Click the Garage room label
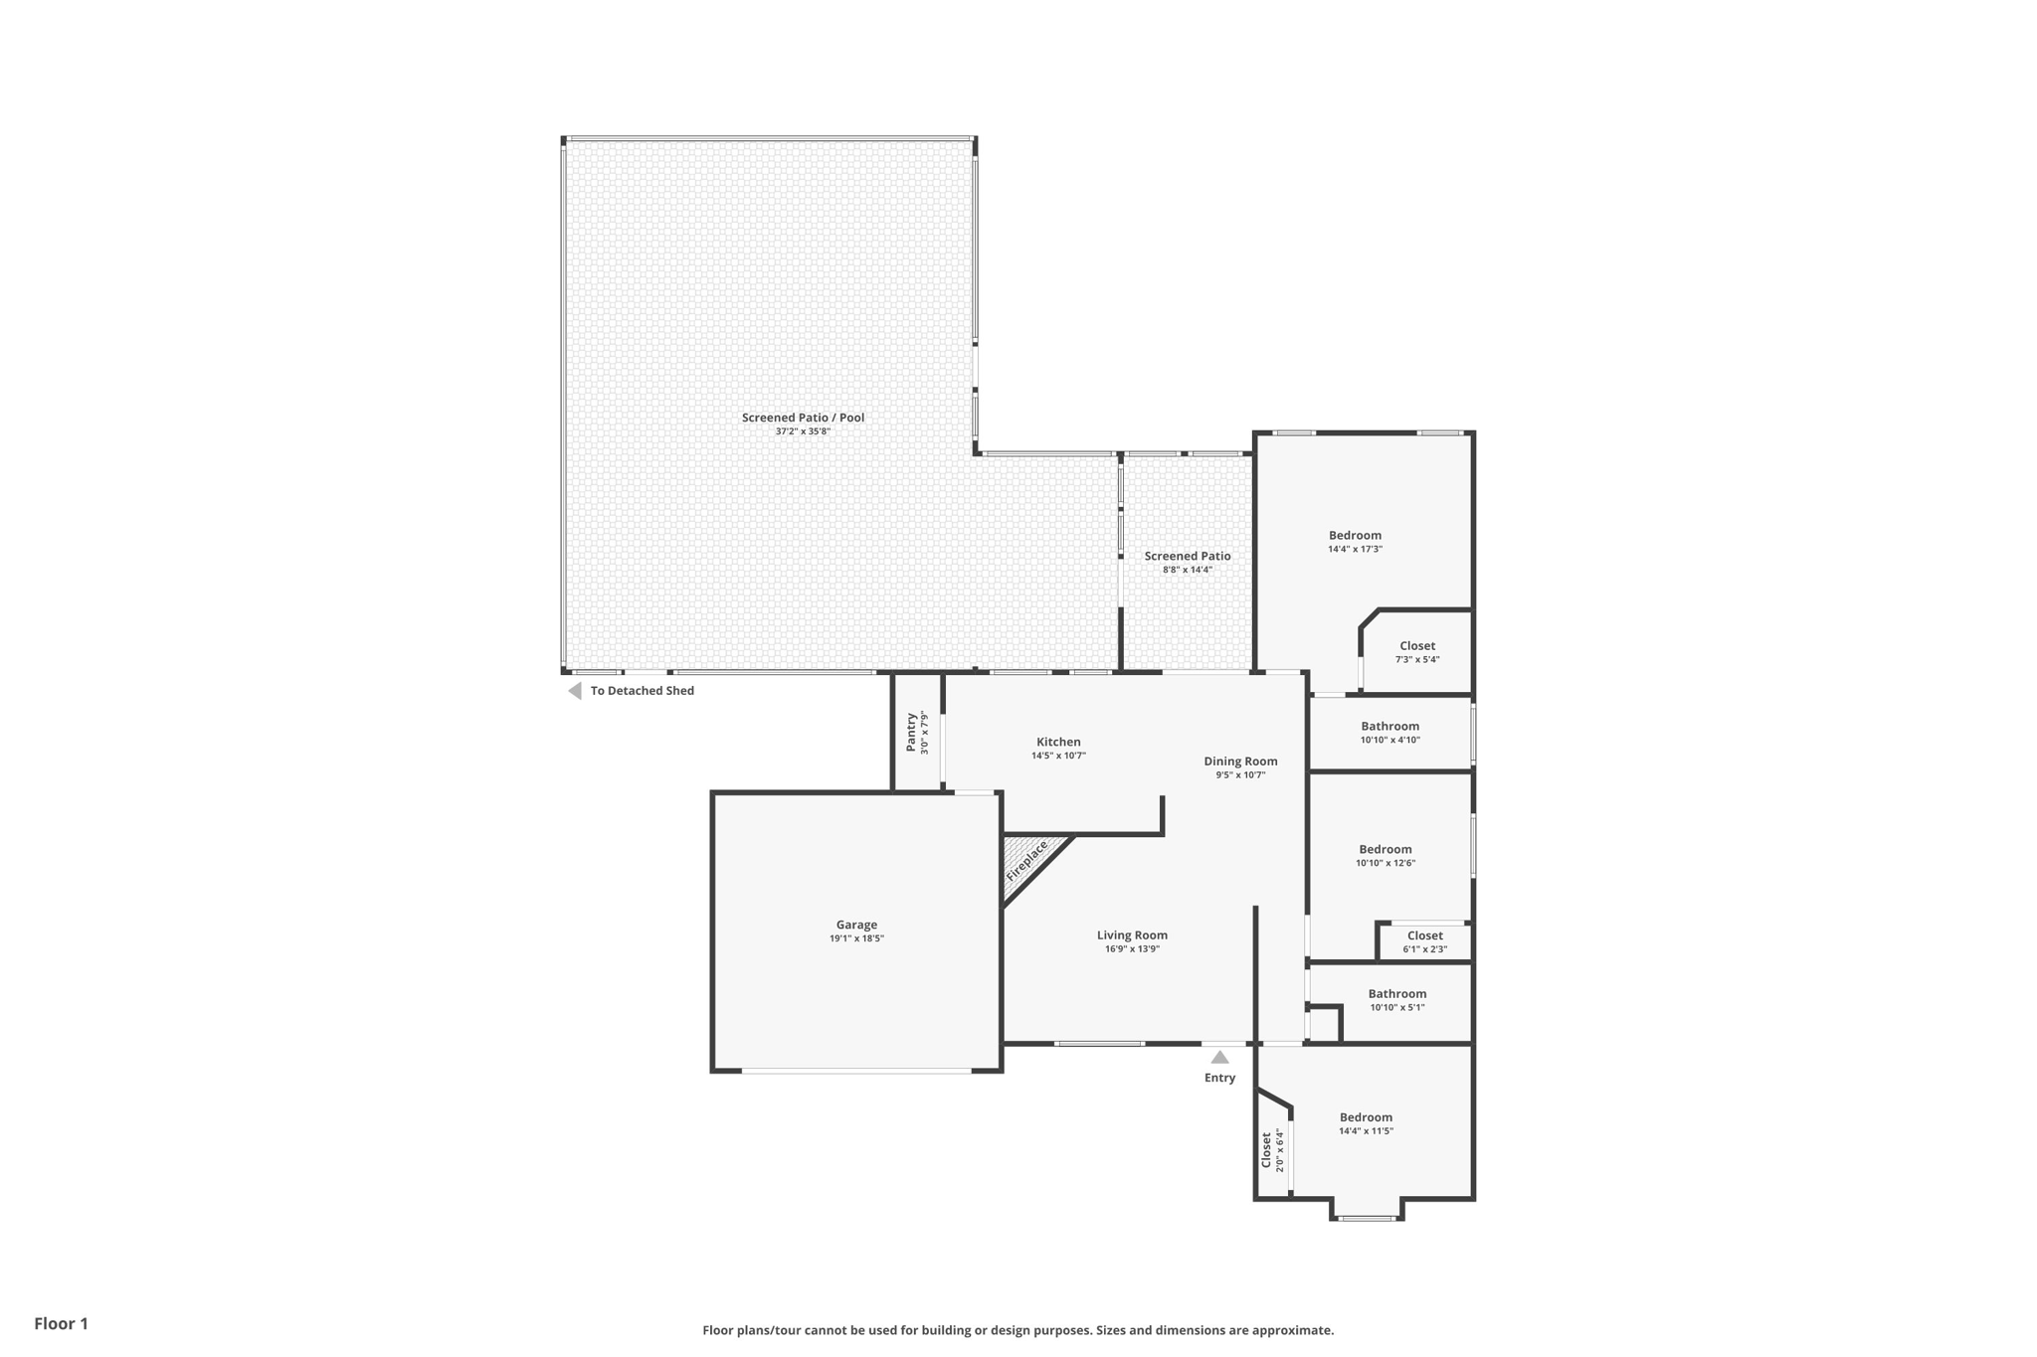pos(856,925)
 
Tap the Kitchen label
pos(1058,742)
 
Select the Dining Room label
pos(1240,762)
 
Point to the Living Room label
pos(1132,935)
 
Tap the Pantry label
pos(911,732)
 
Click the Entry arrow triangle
pos(1219,1057)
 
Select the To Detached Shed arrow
pos(574,691)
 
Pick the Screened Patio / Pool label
pos(803,418)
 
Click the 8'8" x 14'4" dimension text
pos(1188,570)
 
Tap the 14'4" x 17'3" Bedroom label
pos(1355,536)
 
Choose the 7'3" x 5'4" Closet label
pos(1417,646)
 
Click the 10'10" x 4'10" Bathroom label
pos(1390,727)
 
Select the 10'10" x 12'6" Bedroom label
pos(1386,850)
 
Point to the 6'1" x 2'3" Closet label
pos(1424,935)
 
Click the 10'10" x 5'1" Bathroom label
pos(1397,994)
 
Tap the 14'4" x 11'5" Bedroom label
pos(1366,1117)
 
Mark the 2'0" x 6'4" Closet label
pos(1266,1150)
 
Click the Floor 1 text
pos(62,1323)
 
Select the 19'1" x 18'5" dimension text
pos(856,938)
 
